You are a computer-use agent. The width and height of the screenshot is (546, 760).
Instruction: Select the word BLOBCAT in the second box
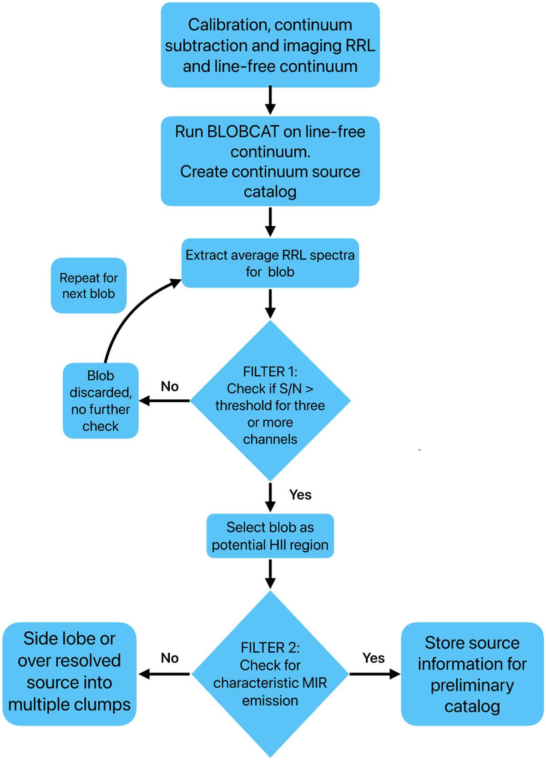[243, 132]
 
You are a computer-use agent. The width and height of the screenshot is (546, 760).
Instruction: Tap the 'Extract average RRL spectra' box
[270, 263]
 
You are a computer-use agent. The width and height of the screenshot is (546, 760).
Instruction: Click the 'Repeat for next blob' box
[88, 286]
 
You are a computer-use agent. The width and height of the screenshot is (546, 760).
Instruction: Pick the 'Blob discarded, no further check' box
[101, 401]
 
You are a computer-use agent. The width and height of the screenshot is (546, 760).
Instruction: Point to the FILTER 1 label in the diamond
[270, 372]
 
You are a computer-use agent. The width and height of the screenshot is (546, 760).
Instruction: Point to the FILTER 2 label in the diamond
[270, 648]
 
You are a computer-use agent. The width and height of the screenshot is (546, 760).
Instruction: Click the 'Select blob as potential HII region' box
[270, 536]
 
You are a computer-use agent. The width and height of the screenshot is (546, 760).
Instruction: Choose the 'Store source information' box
[472, 674]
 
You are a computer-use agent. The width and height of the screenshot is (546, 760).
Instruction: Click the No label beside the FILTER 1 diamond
[170, 387]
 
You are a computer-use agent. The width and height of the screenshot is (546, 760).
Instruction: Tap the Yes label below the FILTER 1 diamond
[300, 495]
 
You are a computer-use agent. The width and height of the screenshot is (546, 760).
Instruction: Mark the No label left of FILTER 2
[170, 658]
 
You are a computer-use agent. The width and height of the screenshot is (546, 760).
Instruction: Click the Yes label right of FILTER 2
[374, 658]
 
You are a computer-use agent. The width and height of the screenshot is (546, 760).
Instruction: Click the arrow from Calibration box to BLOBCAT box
[270, 100]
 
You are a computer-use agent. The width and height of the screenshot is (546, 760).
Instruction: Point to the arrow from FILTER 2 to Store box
[374, 674]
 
